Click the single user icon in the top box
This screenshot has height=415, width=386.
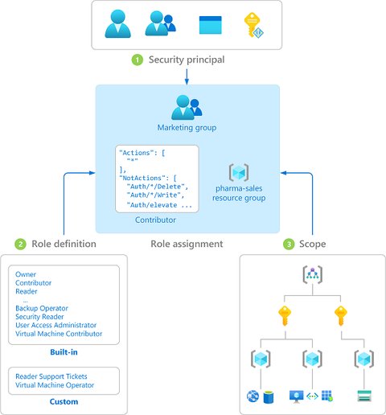[x=118, y=23]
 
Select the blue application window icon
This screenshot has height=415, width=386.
[x=210, y=24]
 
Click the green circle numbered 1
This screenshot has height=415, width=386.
[x=138, y=60]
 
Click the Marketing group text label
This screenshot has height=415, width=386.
[x=187, y=128]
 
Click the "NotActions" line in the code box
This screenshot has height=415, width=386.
[x=146, y=177]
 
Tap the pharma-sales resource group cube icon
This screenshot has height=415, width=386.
[x=237, y=172]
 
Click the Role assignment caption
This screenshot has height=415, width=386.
[x=187, y=244]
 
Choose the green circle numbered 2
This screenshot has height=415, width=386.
[x=20, y=244]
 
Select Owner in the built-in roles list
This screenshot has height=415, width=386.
[x=26, y=274]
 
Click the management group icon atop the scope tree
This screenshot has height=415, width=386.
[x=311, y=276]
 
